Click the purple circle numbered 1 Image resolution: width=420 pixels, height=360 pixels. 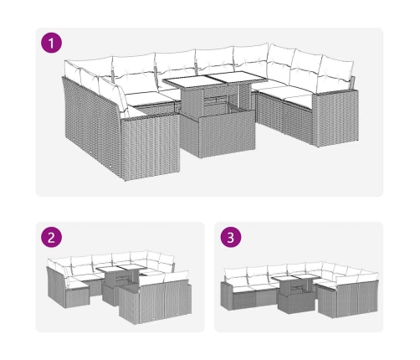pyautogui.click(x=51, y=43)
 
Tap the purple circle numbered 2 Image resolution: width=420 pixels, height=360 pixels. pyautogui.click(x=51, y=238)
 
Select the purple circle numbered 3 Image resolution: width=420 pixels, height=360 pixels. pyautogui.click(x=231, y=238)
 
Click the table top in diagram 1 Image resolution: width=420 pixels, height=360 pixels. pyautogui.click(x=215, y=78)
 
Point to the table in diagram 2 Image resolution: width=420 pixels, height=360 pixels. pyautogui.click(x=120, y=282)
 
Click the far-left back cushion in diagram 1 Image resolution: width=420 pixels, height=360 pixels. pyautogui.click(x=73, y=71)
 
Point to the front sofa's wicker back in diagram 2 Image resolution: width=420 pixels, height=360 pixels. pyautogui.click(x=156, y=303)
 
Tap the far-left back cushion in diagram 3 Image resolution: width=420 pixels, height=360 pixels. pyautogui.click(x=235, y=274)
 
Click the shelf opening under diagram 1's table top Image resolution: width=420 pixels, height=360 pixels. pyautogui.click(x=215, y=99)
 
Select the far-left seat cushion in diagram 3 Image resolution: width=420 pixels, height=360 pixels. pyautogui.click(x=240, y=286)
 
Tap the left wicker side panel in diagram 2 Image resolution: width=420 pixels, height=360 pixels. pyautogui.click(x=56, y=286)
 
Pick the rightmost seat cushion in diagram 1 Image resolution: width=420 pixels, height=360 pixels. pyautogui.click(x=298, y=101)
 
